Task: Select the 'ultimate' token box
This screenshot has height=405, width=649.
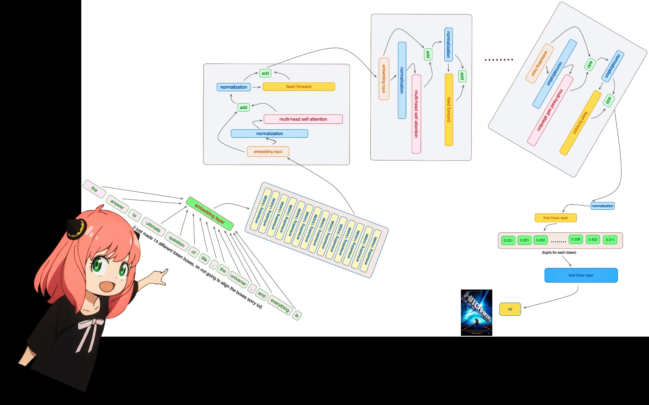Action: click(153, 227)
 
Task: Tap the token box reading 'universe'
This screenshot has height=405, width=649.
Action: click(238, 279)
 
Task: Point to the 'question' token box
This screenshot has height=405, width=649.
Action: click(176, 241)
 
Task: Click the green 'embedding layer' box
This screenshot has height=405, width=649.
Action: click(210, 214)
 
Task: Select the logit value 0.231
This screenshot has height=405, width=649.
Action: click(508, 241)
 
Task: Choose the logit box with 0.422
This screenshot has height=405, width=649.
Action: click(593, 240)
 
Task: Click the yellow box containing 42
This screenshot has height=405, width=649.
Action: click(510, 309)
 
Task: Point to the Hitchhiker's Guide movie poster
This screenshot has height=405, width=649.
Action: click(476, 312)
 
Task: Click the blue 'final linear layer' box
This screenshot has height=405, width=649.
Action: click(581, 275)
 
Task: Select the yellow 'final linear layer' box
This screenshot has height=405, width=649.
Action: click(556, 218)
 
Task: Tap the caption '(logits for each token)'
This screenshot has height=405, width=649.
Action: click(559, 252)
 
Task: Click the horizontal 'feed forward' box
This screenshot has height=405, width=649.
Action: click(299, 86)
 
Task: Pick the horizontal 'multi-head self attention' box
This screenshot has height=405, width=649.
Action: click(303, 119)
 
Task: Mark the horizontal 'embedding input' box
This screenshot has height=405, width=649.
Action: click(268, 152)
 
